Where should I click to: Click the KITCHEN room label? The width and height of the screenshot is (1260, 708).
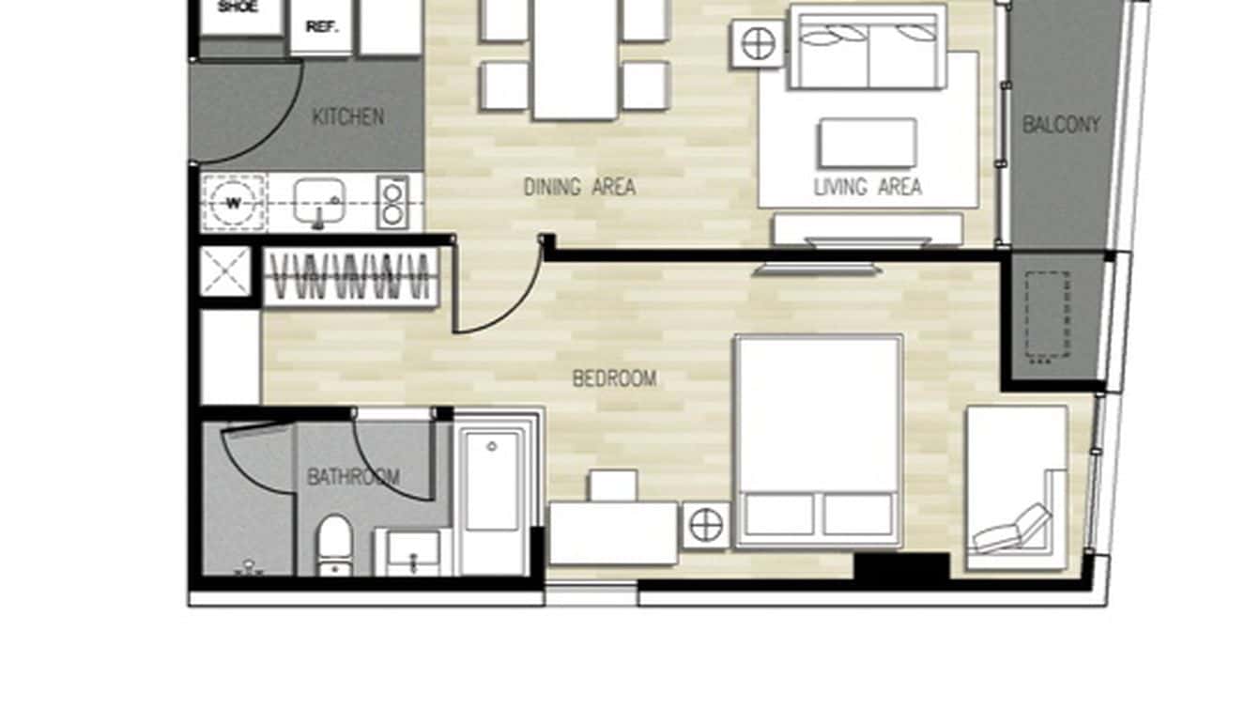347,117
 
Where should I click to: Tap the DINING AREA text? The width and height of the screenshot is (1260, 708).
579,187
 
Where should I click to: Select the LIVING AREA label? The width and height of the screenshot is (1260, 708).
867,187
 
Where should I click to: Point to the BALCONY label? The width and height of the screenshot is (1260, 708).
1061,125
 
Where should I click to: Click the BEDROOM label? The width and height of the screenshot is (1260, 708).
614,378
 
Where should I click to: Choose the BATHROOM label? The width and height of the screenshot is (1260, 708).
353,477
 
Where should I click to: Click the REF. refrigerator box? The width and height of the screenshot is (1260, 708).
321,26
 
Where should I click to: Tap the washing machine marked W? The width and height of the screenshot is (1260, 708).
232,202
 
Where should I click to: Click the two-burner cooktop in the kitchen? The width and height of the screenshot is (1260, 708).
392,202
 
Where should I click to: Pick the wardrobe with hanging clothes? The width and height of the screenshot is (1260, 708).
350,277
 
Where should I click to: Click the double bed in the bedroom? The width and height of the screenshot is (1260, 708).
819,439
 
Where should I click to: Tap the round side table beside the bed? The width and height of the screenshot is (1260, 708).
706,525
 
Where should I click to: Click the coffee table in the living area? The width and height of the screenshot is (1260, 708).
867,143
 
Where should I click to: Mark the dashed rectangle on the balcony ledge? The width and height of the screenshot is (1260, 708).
1048,316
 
